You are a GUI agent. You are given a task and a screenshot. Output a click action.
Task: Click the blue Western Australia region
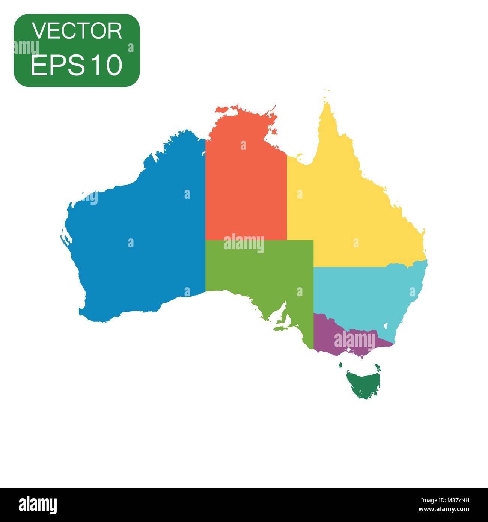[139, 225]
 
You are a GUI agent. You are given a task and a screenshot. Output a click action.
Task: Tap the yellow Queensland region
[353, 210]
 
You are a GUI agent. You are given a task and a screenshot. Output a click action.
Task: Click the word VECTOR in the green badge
[77, 31]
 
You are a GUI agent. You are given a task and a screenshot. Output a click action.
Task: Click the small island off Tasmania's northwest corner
[341, 365]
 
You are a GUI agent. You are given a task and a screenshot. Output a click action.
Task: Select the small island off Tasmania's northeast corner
[377, 366]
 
